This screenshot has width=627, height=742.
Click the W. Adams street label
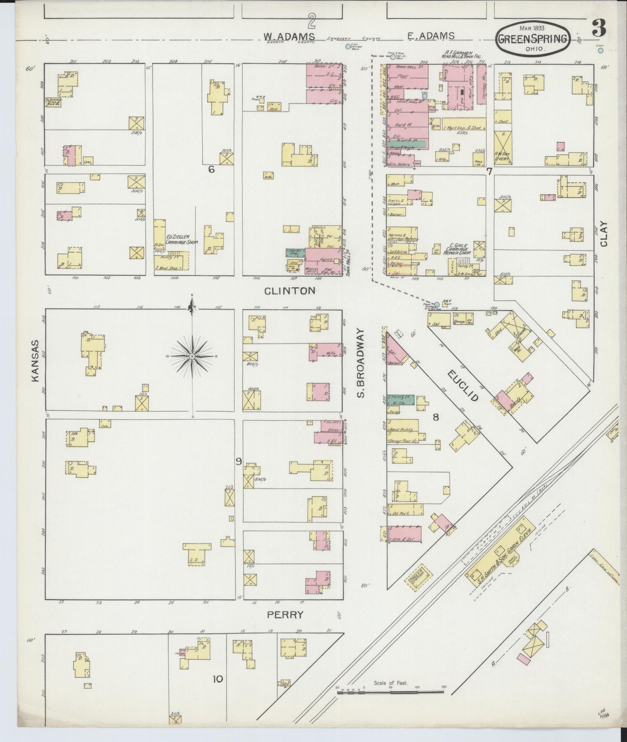(289, 36)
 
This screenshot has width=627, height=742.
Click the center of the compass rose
(191, 356)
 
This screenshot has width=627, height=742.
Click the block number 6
(211, 170)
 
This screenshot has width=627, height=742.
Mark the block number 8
(436, 417)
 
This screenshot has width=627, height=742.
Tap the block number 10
(217, 678)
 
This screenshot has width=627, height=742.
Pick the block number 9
(238, 462)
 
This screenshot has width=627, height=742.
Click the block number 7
(489, 171)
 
